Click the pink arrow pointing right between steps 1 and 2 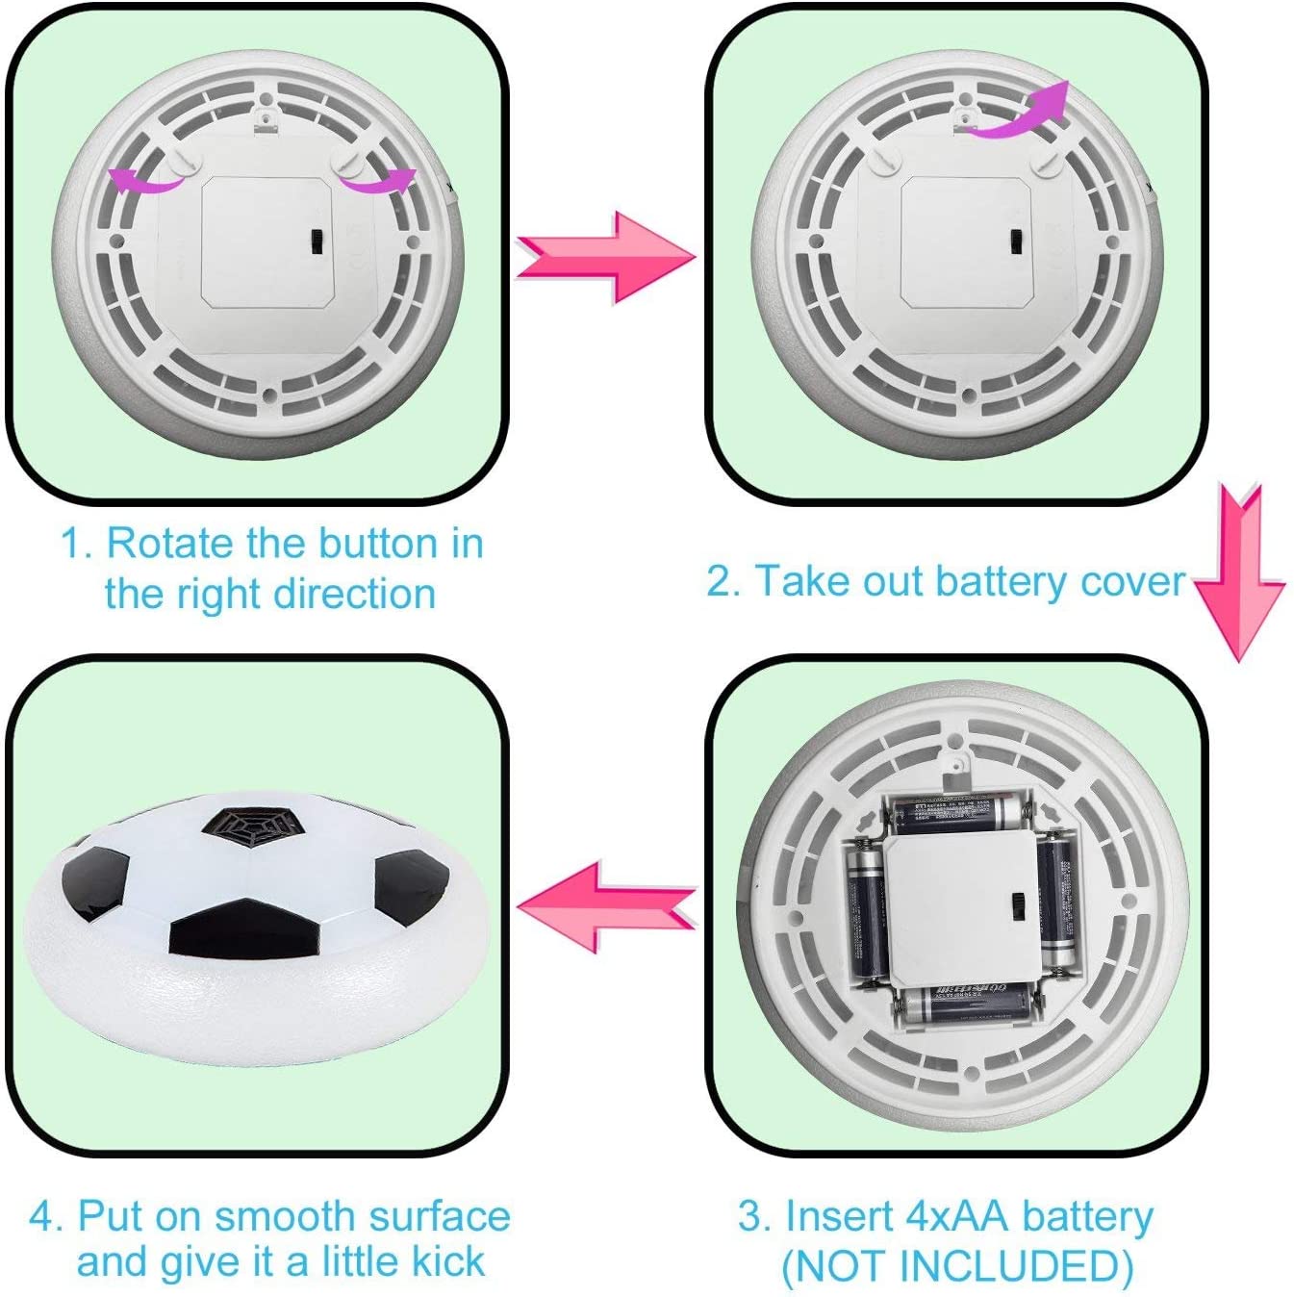pyautogui.click(x=606, y=257)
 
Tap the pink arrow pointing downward pyautogui.click(x=1239, y=573)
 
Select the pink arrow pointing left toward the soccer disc pyautogui.click(x=606, y=906)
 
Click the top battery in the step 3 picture pyautogui.click(x=956, y=813)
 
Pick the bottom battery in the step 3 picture pyautogui.click(x=967, y=1005)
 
